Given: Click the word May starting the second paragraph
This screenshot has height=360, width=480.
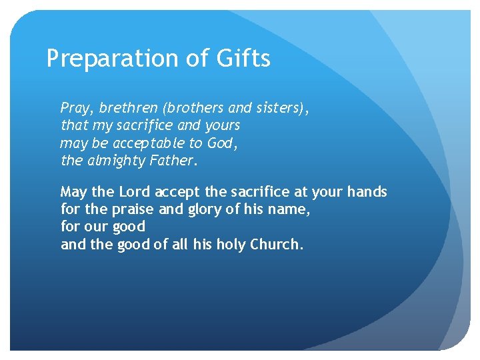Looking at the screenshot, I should [x=73, y=192].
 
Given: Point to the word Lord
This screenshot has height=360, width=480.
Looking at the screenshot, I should [x=135, y=192].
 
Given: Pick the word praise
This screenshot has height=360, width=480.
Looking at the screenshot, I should [x=131, y=209].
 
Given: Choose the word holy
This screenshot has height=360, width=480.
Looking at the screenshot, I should [x=230, y=244].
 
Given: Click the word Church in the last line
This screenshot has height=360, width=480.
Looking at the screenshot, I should [x=276, y=244].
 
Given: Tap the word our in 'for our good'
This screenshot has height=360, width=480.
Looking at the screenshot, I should [x=95, y=227].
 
